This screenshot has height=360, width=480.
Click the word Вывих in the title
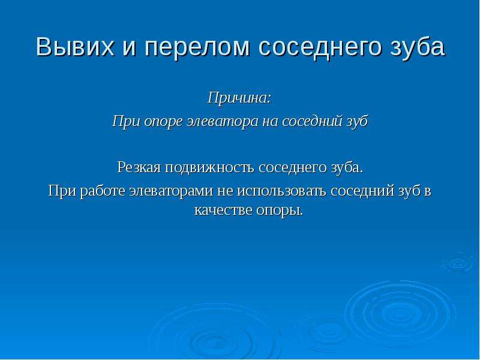coord(74,47)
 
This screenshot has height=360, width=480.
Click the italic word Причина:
coord(239,98)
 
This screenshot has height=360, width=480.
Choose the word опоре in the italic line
coord(164,122)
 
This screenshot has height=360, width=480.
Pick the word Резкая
coord(139,168)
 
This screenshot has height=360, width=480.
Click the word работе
coord(103,191)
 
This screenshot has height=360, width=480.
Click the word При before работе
coord(63,191)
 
